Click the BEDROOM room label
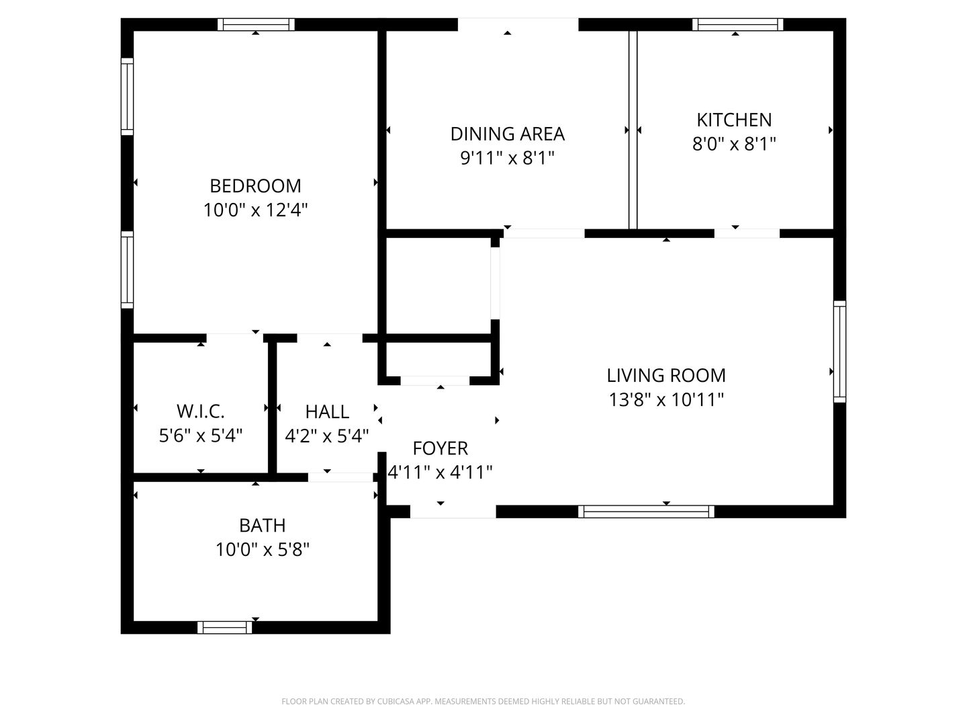coord(255,186)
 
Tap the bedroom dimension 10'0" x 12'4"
coord(255,210)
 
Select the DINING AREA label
coord(507,134)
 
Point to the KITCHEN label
coord(734,120)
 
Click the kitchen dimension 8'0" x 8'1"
coord(734,144)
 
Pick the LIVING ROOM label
coord(666,375)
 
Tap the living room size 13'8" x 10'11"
coord(666,400)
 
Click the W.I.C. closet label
coord(200,411)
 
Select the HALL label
coord(327,411)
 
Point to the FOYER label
coord(441,448)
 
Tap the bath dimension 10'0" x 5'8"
coord(262,550)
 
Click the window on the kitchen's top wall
coord(737,25)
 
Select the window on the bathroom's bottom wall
coord(225,627)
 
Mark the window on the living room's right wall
coord(839,352)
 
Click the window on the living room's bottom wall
coord(646,512)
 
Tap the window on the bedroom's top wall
coord(256,25)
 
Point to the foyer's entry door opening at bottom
coord(453,512)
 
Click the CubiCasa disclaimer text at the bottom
coord(483,701)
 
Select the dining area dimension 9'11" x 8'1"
coord(507,159)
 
